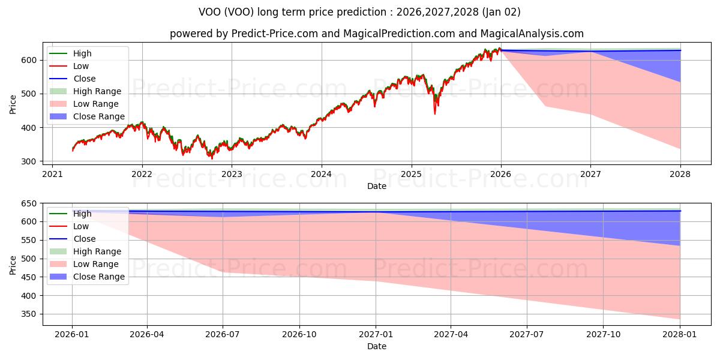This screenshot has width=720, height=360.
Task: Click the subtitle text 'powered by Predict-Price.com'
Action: pos(245,34)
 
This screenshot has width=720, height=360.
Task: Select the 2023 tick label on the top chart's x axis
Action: pos(232,175)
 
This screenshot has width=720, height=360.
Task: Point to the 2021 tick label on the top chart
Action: pos(52,175)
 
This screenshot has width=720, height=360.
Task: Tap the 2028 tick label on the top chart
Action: pos(680,175)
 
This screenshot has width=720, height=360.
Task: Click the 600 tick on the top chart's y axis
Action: pos(30,60)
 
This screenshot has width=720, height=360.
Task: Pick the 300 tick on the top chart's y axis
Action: pos(30,161)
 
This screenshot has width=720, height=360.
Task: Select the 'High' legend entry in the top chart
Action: pos(82,53)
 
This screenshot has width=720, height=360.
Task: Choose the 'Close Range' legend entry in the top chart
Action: pos(99,116)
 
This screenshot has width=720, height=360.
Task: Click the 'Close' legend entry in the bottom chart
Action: pos(84,239)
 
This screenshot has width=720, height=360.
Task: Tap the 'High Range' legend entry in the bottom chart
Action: pos(97,251)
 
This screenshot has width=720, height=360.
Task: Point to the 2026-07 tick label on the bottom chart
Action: pos(223,335)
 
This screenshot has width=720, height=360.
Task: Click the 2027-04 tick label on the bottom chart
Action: pos(451,335)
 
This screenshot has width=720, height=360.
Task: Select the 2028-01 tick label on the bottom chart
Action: pos(680,335)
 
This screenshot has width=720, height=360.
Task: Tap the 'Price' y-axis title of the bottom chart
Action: pos(13,264)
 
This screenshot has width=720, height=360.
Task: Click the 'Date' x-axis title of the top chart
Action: pos(376,186)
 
